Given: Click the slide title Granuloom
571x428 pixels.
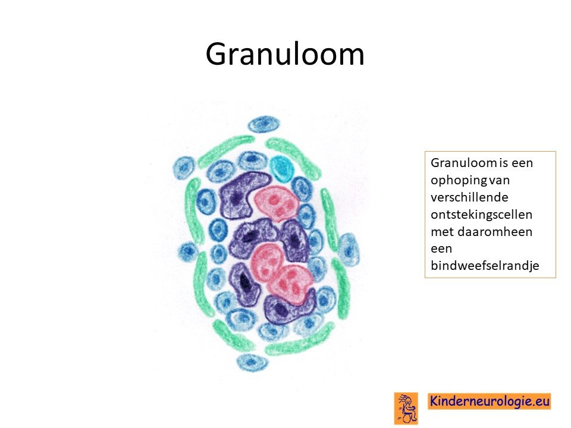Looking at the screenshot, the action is (x=285, y=54).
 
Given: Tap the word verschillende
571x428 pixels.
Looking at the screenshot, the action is (x=469, y=197).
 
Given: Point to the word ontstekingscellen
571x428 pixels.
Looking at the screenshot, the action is (x=481, y=215).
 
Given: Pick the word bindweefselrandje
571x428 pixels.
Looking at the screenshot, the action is (x=485, y=266).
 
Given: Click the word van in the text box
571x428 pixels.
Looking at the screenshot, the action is (x=500, y=181).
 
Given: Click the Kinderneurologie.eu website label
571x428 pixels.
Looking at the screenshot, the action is (x=489, y=401).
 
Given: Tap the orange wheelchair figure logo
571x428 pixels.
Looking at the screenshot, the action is (x=406, y=408).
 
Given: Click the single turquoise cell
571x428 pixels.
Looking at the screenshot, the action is (x=282, y=168).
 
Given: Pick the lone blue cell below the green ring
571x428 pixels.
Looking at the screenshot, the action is (x=252, y=362).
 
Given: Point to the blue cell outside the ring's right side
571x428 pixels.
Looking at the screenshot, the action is (x=348, y=250).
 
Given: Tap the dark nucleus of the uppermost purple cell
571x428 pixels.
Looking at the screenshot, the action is (x=237, y=197).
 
